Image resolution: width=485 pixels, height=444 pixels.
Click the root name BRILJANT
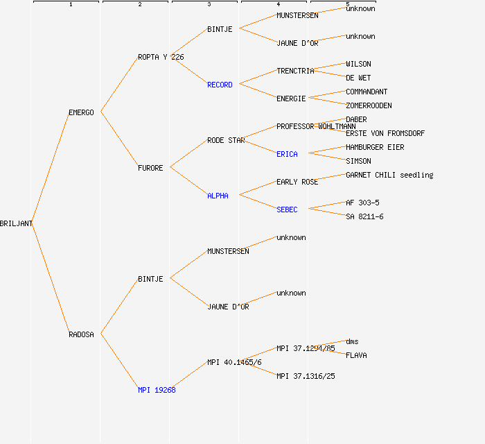16,223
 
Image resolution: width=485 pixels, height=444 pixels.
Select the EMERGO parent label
81,112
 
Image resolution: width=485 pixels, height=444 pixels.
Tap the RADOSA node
81,334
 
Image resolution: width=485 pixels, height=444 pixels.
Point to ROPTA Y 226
161,57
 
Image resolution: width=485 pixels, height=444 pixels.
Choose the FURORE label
150,168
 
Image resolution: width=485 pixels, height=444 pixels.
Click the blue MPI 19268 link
157,390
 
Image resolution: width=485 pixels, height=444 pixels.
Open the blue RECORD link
220,85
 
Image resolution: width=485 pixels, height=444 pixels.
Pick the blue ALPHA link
218,196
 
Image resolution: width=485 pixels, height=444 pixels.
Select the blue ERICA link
287,154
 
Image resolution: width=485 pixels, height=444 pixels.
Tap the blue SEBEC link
287,210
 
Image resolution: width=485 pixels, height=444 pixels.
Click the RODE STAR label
226,140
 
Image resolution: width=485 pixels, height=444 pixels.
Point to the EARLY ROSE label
297,182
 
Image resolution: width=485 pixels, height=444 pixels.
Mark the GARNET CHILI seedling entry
389,175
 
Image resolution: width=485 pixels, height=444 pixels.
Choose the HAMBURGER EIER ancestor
375,147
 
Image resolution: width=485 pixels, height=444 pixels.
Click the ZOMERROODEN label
369,105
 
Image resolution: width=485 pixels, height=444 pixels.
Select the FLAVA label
356,355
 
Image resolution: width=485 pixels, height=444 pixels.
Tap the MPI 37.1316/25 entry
306,376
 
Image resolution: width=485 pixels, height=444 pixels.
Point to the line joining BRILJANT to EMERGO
50,168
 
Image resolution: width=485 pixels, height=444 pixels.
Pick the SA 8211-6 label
364,216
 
